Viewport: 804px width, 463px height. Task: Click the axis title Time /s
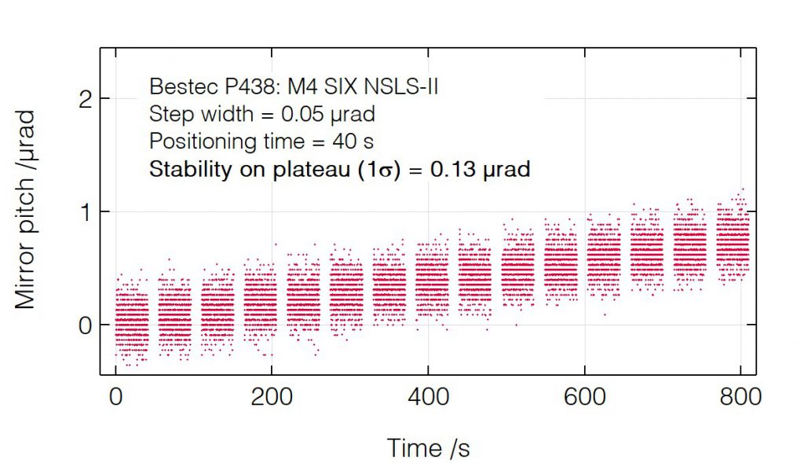[428, 448]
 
